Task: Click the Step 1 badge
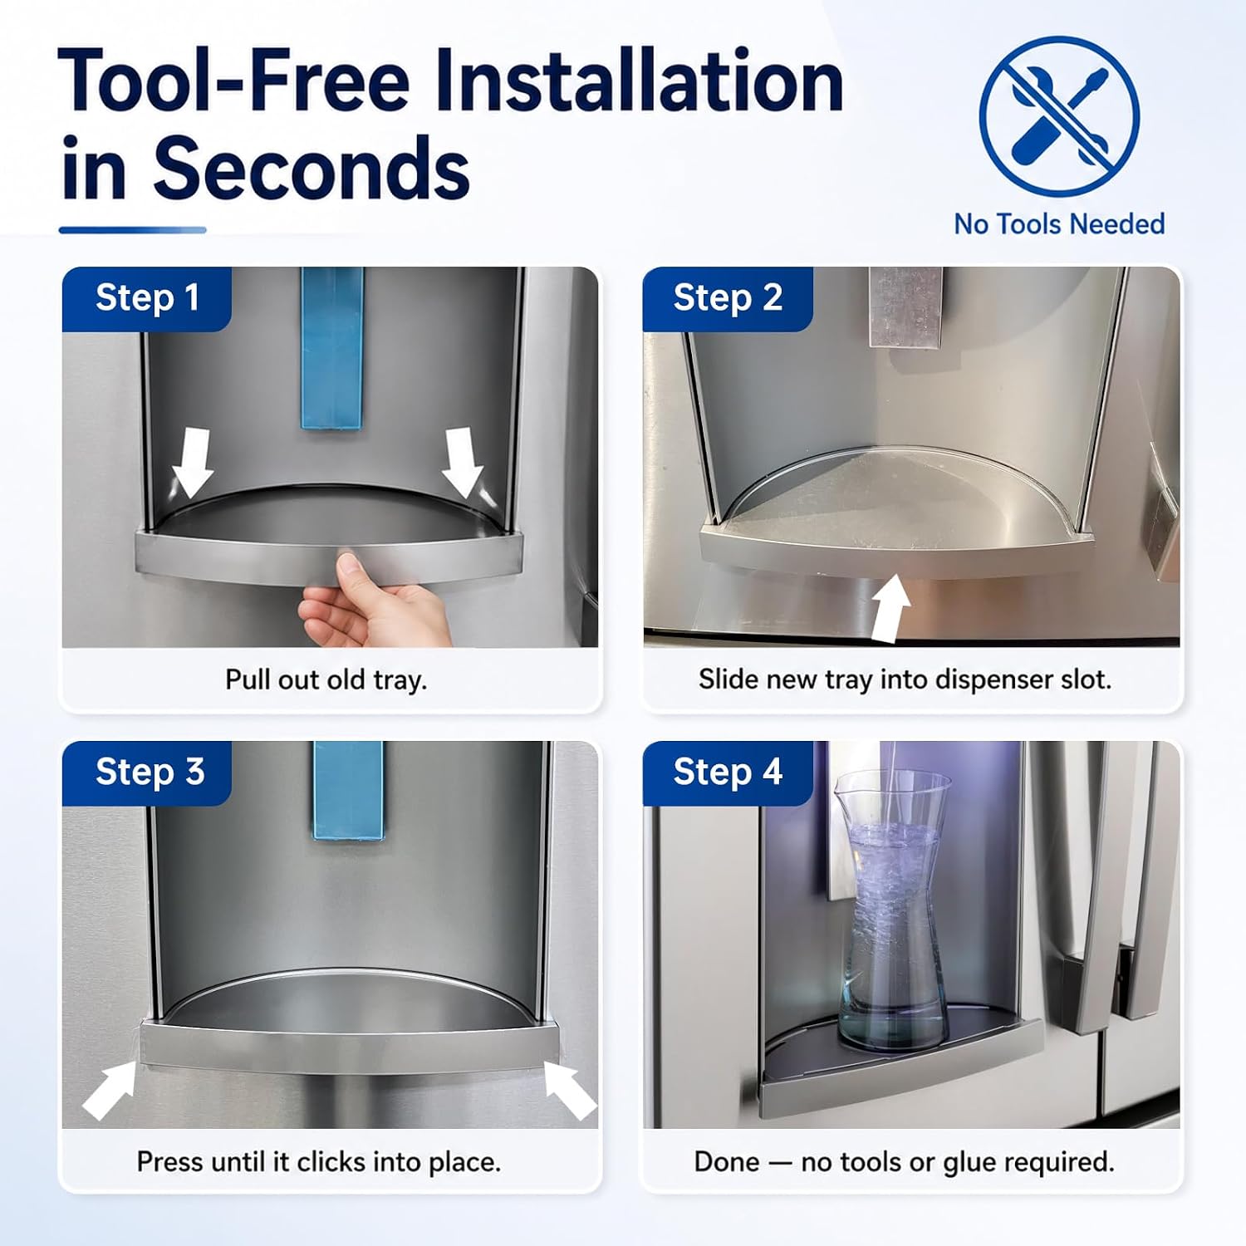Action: [x=146, y=298]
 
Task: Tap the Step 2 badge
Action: [x=728, y=298]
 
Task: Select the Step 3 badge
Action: [x=147, y=773]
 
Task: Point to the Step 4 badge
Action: [x=728, y=773]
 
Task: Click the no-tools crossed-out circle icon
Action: [x=1059, y=116]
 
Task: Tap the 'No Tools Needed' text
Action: [x=1059, y=224]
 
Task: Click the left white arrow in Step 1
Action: [x=193, y=462]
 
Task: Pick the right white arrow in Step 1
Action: [x=462, y=462]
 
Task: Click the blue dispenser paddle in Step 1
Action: [x=332, y=348]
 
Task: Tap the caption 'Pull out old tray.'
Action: [x=326, y=679]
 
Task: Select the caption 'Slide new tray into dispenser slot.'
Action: [x=905, y=679]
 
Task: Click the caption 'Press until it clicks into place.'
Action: [x=319, y=1161]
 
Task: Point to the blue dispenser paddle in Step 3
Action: [x=349, y=790]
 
